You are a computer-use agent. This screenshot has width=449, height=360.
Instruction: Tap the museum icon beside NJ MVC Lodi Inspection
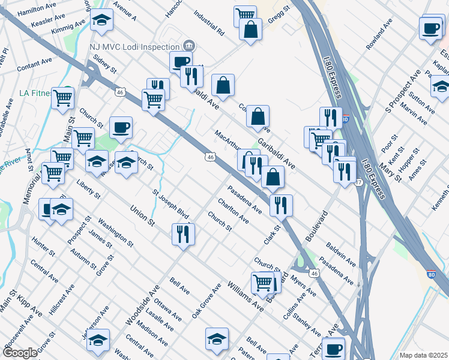(188, 46)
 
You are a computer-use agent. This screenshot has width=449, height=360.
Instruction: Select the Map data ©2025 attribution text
(423, 355)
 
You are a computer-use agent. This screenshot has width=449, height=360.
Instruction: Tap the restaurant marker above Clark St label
(280, 205)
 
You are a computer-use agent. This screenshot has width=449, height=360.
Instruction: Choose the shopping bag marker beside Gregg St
(250, 29)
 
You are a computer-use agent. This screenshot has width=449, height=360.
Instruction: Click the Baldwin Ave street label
(341, 254)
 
